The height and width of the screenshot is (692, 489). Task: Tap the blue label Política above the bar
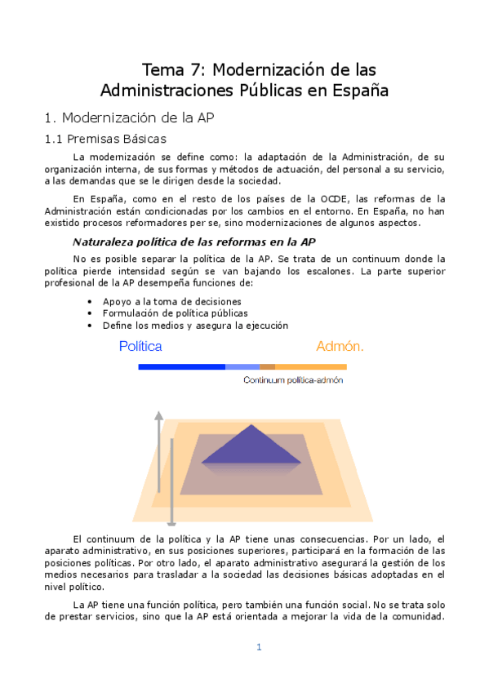tap(140, 346)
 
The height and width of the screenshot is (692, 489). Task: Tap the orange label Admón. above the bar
tap(340, 346)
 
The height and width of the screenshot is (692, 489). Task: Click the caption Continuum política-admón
tap(293, 380)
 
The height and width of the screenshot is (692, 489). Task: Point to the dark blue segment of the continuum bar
tap(181, 367)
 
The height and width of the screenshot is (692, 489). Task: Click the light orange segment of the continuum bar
tap(311, 367)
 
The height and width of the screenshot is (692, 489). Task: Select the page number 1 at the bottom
tap(259, 647)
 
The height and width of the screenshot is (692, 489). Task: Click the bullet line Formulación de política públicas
tap(175, 313)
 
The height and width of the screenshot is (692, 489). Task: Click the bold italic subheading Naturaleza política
tap(194, 242)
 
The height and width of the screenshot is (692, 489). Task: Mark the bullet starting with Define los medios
tap(195, 325)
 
